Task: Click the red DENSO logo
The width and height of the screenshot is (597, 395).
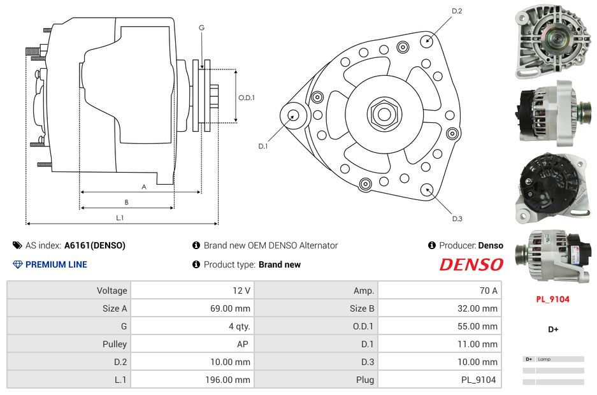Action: [x=471, y=264]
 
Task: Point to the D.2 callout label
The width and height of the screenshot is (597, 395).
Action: [x=457, y=11]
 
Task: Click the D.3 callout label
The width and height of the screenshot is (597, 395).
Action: [x=457, y=219]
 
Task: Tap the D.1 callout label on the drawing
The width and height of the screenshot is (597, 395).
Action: [x=263, y=146]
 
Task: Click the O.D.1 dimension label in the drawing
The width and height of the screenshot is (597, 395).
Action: [x=247, y=97]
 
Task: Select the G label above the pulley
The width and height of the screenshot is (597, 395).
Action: [x=201, y=27]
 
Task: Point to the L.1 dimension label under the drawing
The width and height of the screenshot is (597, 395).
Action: [x=120, y=218]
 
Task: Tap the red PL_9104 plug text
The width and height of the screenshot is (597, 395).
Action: [x=552, y=299]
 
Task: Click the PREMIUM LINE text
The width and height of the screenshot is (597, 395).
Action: [x=56, y=264]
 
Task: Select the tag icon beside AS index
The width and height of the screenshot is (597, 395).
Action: [x=17, y=245]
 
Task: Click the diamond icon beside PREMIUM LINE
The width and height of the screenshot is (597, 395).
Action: [x=17, y=264]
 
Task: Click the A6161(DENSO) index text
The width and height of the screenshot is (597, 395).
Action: [x=95, y=245]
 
